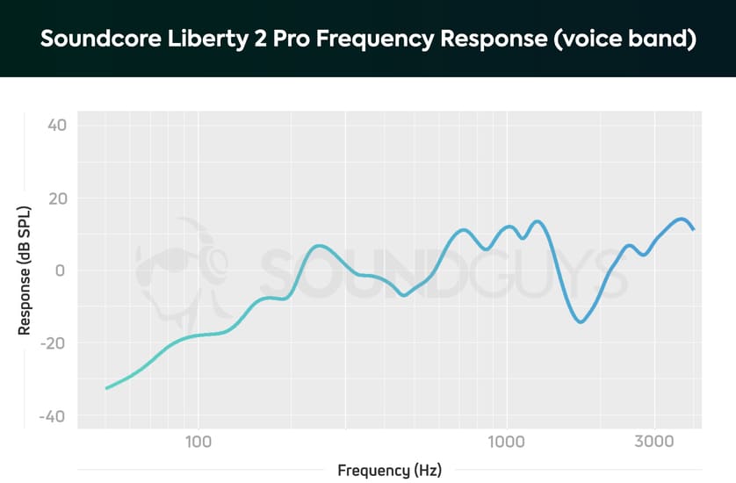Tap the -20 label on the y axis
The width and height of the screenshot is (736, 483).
click(55, 343)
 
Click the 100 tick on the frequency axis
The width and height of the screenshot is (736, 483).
click(198, 441)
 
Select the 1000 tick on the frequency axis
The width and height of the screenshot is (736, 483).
click(505, 441)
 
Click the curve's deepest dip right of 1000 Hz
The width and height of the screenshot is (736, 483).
click(580, 321)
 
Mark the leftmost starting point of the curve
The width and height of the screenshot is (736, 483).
click(106, 387)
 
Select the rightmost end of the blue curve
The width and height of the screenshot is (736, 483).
click(694, 229)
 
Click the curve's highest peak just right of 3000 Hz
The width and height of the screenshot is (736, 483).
click(681, 219)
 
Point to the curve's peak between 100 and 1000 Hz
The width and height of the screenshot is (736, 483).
click(320, 246)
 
